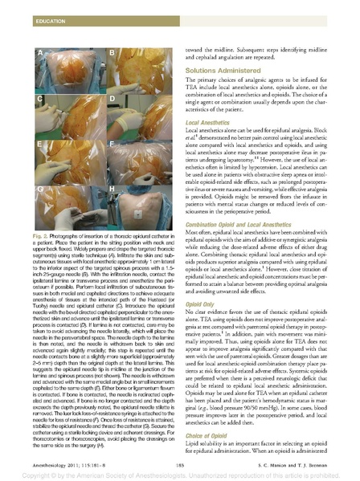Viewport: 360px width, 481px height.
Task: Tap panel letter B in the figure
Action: click(x=112, y=53)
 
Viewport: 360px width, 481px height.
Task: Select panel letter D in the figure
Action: click(x=112, y=98)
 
